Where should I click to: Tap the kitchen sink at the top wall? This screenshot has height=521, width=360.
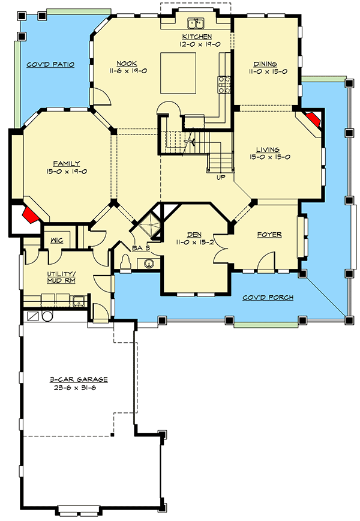tap(195, 24)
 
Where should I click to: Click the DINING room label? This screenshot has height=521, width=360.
tap(265, 64)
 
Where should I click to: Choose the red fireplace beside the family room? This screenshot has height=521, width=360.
tap(30, 214)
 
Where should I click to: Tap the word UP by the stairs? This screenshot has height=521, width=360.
tap(221, 177)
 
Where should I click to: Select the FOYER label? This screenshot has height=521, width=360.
tap(269, 235)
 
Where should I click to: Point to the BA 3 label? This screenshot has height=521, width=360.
tap(140, 246)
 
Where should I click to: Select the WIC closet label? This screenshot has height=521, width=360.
tap(57, 239)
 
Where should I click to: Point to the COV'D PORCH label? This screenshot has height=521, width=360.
tap(268, 297)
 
